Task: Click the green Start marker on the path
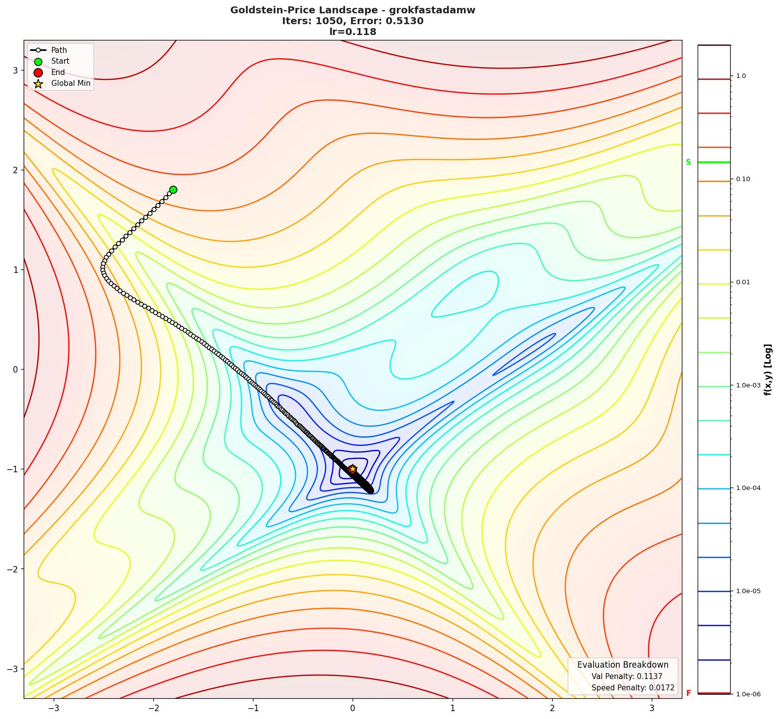tap(173, 189)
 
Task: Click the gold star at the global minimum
tap(352, 469)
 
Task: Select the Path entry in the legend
tap(59, 50)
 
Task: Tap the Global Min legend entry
tap(71, 83)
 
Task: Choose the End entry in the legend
tap(58, 73)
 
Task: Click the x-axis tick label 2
tap(552, 708)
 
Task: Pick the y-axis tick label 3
tap(15, 70)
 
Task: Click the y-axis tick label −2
tap(12, 569)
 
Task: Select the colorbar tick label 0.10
tap(743, 179)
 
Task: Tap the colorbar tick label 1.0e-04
tap(748, 488)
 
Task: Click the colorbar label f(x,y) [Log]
tap(768, 370)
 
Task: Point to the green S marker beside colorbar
tap(688, 162)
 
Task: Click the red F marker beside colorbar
tap(688, 693)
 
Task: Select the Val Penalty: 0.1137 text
tap(627, 677)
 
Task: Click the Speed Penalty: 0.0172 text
tap(633, 688)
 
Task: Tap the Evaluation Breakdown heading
tap(623, 665)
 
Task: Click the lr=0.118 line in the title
tap(353, 32)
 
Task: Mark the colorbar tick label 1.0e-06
tap(748, 694)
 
